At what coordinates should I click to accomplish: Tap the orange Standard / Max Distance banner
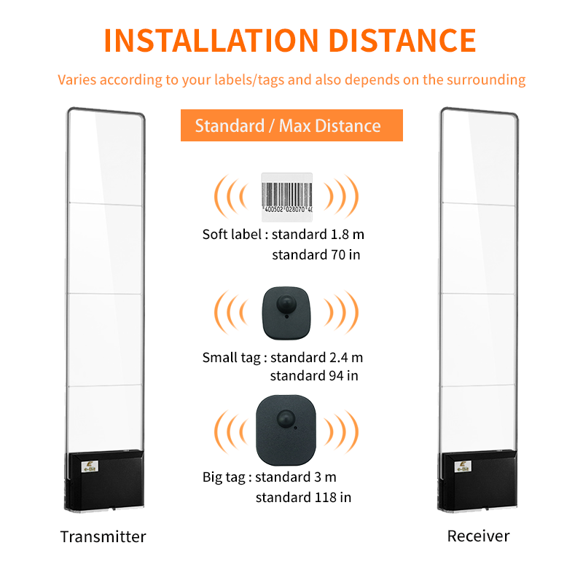pyautogui.click(x=291, y=125)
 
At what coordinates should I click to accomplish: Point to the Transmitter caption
pyautogui.click(x=103, y=537)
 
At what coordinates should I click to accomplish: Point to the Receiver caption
pyautogui.click(x=478, y=536)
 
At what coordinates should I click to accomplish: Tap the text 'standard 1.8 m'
pyautogui.click(x=317, y=235)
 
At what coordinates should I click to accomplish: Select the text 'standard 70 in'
pyautogui.click(x=316, y=255)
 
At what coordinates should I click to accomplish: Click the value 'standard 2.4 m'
pyautogui.click(x=317, y=358)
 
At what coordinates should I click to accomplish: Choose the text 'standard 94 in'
pyautogui.click(x=314, y=376)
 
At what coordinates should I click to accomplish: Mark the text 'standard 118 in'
pyautogui.click(x=303, y=497)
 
